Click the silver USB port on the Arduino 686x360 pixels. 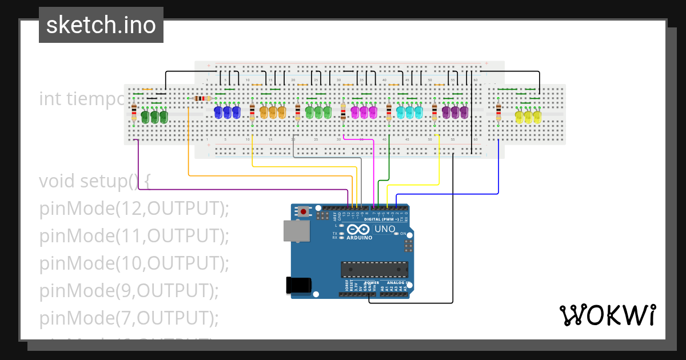297,231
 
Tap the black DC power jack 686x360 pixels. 298,285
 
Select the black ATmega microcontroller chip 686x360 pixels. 374,269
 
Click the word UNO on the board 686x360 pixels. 385,229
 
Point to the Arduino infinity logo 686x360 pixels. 354,230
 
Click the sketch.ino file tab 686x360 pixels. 101,25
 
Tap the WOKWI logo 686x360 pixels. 607,315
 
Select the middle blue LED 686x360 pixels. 227,112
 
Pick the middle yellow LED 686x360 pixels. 528,117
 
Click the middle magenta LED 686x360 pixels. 364,112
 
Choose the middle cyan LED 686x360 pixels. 409,112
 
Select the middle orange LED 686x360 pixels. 273,112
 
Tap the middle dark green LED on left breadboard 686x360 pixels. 154,117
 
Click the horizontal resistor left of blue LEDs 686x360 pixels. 202,98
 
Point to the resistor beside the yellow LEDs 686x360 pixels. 498,112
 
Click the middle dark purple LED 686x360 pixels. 455,112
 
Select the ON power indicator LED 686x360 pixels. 396,234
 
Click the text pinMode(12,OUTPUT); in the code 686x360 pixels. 134,209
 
